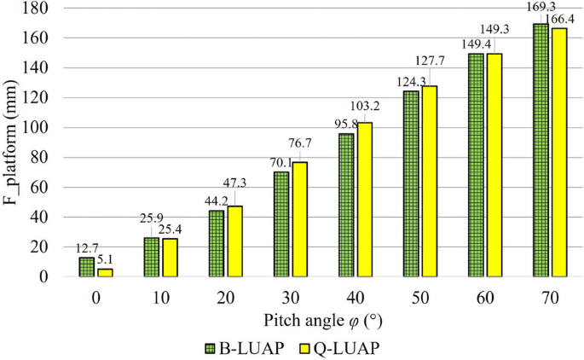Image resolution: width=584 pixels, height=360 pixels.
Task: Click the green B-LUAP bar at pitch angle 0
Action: [86, 267]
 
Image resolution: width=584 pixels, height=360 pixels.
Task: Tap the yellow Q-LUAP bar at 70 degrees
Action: [559, 153]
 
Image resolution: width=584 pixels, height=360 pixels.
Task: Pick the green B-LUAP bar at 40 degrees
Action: [346, 205]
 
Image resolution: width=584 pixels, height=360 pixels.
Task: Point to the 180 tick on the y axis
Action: [43, 9]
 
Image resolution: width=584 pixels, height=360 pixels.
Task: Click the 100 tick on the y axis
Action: [43, 128]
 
